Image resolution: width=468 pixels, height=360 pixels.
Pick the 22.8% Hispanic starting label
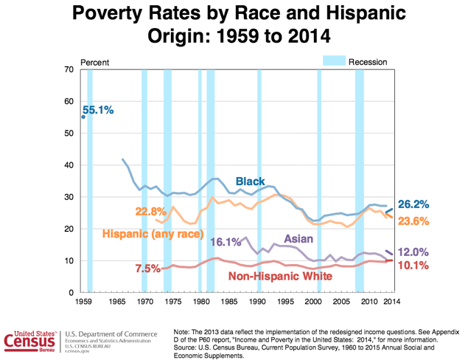(x=150, y=212)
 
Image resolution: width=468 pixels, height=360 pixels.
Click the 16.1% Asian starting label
(x=226, y=242)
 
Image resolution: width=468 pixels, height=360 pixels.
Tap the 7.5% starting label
(x=147, y=269)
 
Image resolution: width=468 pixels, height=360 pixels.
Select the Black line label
(x=251, y=181)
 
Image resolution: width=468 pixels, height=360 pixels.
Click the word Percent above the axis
(x=94, y=61)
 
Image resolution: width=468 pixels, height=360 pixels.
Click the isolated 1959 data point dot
(x=83, y=117)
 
